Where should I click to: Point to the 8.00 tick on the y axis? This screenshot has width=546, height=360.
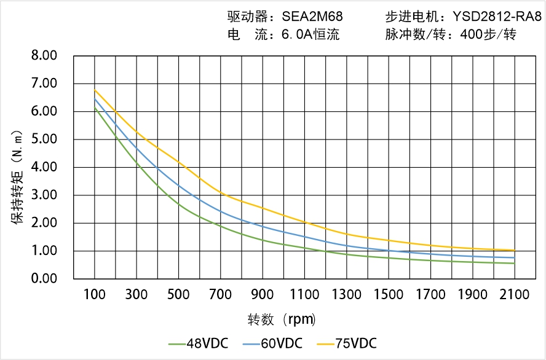click(x=44, y=55)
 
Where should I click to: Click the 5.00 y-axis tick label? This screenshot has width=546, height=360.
click(x=44, y=139)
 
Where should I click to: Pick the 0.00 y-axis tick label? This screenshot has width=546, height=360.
click(x=44, y=278)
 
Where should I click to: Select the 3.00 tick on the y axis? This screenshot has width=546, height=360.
click(x=44, y=195)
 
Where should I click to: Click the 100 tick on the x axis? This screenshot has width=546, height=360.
click(x=95, y=295)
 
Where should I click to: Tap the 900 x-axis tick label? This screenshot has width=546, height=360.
click(x=263, y=295)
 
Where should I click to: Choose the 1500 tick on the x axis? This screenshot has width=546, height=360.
click(x=389, y=295)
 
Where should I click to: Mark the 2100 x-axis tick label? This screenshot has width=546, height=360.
click(x=515, y=295)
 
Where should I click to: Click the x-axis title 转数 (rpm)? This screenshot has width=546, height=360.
click(x=282, y=319)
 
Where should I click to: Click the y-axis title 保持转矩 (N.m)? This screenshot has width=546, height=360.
click(x=18, y=176)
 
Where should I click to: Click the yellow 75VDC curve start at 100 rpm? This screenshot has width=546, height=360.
click(x=95, y=90)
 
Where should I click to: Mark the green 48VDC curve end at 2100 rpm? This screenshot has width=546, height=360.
click(x=515, y=263)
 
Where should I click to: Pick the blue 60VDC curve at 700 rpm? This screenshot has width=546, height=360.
click(x=221, y=212)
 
